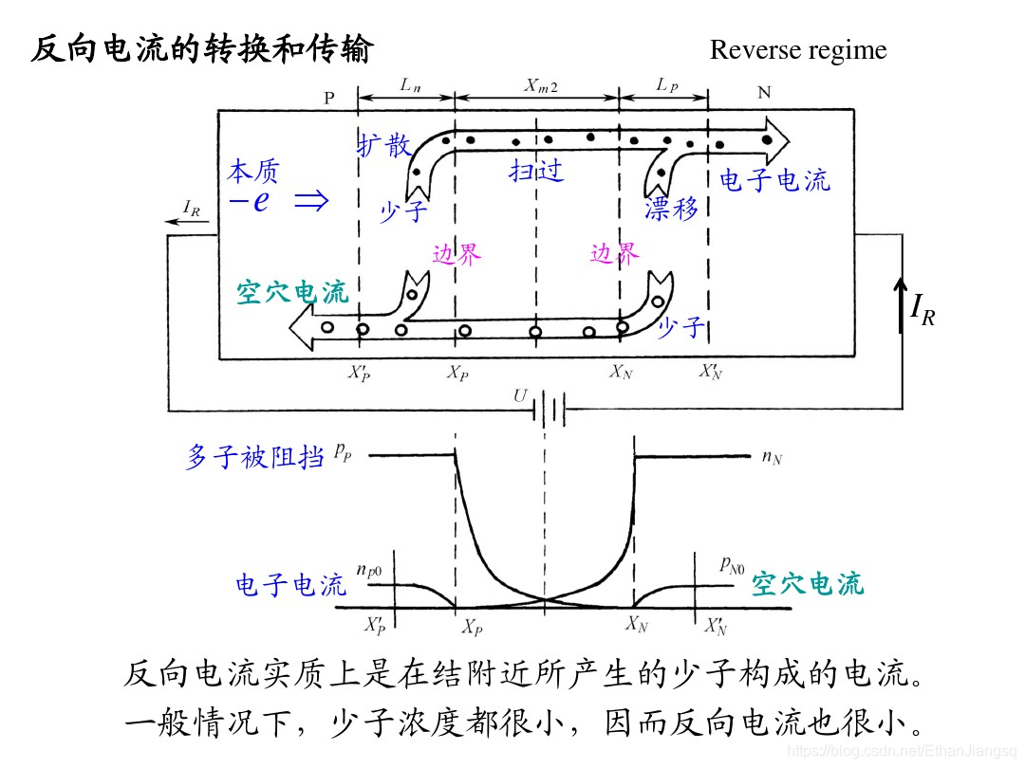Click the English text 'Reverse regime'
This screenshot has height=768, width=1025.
(797, 49)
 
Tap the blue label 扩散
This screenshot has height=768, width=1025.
(383, 145)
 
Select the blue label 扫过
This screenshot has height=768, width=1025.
(536, 171)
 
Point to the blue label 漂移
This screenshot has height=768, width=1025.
(672, 209)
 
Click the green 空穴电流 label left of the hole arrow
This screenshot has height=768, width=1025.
(291, 293)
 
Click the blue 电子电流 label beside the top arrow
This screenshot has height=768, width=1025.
(773, 180)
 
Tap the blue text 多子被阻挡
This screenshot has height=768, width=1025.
(254, 458)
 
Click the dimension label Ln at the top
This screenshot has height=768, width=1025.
(409, 85)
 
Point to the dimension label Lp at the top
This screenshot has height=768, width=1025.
(666, 85)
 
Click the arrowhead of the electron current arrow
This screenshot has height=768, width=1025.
(777, 141)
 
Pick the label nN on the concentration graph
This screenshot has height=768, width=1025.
(772, 459)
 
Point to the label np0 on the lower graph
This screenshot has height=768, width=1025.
(369, 570)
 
